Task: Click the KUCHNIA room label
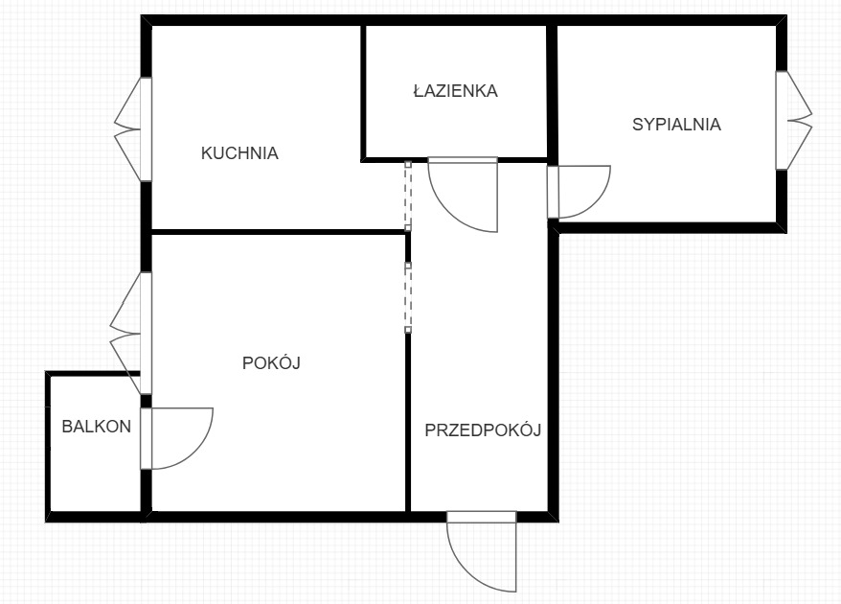[x=239, y=153]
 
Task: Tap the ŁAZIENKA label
[x=456, y=90]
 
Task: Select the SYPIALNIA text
[x=676, y=124]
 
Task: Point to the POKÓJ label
[x=271, y=362]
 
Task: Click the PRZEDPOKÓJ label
[x=483, y=430]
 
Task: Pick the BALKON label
[x=97, y=427]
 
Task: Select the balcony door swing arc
[x=196, y=453]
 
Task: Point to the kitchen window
[x=133, y=129]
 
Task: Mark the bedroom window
[x=794, y=120]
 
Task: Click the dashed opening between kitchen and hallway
[x=408, y=196]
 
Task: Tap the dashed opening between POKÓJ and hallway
[x=408, y=297]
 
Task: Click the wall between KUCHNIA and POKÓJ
[x=279, y=232]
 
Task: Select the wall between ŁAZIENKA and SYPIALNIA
[x=552, y=91]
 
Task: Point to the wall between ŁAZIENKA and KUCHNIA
[x=363, y=91]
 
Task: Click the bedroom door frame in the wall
[x=553, y=192]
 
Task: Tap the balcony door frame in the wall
[x=146, y=439]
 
